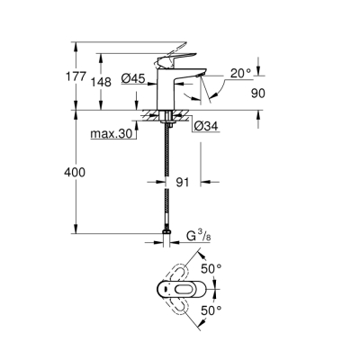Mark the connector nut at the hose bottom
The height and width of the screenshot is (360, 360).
(167, 240)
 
